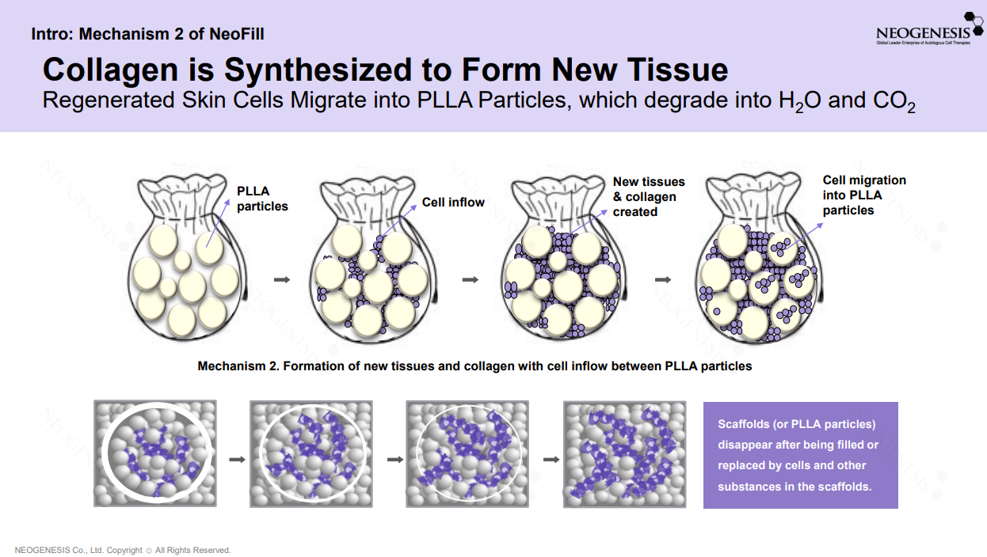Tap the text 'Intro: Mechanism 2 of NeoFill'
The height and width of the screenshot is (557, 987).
pyautogui.click(x=147, y=34)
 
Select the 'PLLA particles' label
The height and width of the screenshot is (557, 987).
pyautogui.click(x=261, y=199)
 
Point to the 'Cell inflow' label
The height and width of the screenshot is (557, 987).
pyautogui.click(x=453, y=203)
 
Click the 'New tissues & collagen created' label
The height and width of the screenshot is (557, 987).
pyautogui.click(x=648, y=197)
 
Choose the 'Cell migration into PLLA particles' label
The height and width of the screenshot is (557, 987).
pyautogui.click(x=863, y=195)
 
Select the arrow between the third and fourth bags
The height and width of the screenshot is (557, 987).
pyautogui.click(x=664, y=279)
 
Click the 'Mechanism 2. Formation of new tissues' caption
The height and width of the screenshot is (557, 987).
pyautogui.click(x=474, y=366)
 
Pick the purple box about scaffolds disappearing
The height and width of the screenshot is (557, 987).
pyautogui.click(x=800, y=455)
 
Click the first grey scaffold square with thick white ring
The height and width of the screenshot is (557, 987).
pyautogui.click(x=155, y=453)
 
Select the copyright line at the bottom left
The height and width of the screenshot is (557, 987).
pyautogui.click(x=123, y=550)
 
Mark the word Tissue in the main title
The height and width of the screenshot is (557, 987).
pyautogui.click(x=676, y=70)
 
